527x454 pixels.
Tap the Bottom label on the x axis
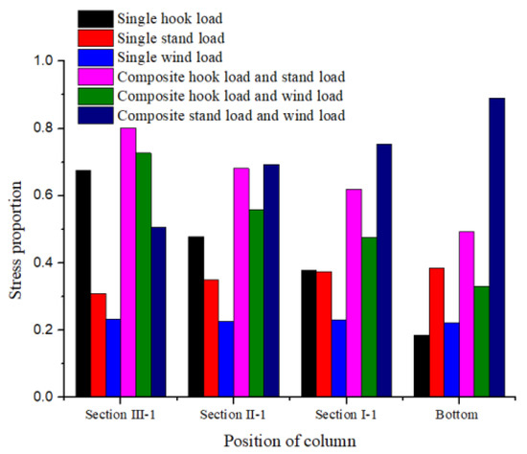443,415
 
